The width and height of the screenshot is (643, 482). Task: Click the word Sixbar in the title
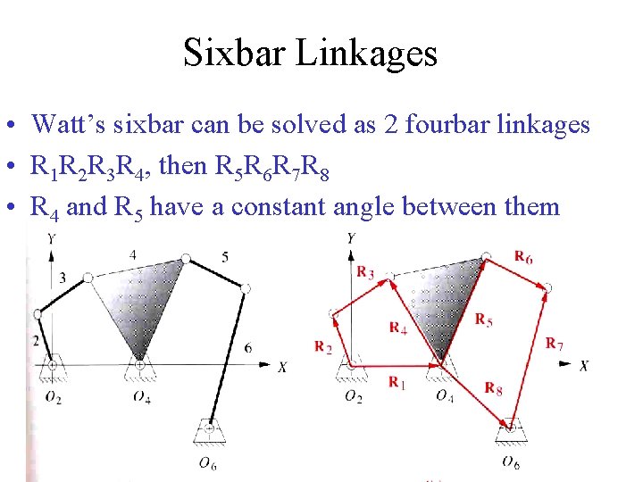(x=234, y=53)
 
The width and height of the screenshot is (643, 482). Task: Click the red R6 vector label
(x=525, y=257)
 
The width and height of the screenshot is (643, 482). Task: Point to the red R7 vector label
(x=554, y=343)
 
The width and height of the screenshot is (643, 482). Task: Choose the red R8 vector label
(x=493, y=386)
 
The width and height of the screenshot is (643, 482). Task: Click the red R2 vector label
(x=323, y=346)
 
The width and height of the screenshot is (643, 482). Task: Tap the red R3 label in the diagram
(x=364, y=271)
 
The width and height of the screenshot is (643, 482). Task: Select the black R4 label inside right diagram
(x=398, y=327)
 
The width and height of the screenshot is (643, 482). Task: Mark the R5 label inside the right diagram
(x=483, y=319)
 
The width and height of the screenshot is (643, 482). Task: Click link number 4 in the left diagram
(x=132, y=255)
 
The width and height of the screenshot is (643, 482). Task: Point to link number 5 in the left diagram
(x=225, y=257)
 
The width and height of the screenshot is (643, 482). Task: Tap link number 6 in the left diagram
(x=247, y=347)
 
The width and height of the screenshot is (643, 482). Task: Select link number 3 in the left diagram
(x=63, y=278)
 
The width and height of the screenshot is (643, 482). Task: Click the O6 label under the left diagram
(x=208, y=462)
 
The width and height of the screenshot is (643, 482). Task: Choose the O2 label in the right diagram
(x=353, y=396)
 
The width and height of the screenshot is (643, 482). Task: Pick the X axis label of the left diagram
(x=282, y=366)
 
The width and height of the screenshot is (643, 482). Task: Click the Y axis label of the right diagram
(x=352, y=238)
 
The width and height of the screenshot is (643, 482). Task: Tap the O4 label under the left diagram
(x=141, y=397)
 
